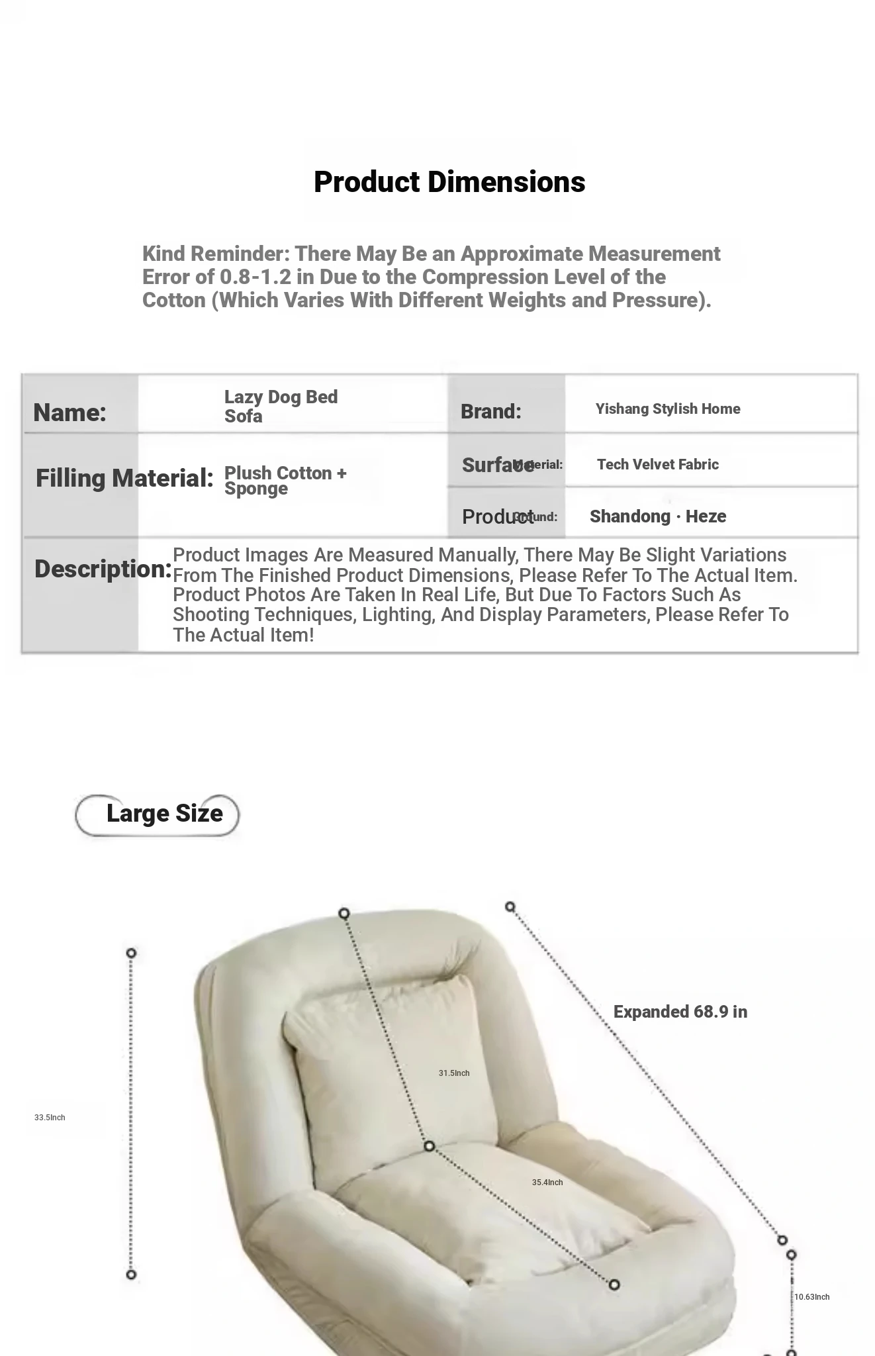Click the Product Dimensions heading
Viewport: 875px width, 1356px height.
[x=449, y=182]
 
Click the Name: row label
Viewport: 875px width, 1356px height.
[x=69, y=412]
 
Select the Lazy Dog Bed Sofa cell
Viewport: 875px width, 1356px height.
[x=281, y=406]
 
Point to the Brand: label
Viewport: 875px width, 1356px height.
[x=490, y=411]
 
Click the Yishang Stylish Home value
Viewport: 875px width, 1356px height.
[x=667, y=409]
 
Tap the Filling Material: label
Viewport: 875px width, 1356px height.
[x=124, y=477]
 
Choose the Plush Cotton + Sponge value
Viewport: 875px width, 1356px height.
[x=285, y=480]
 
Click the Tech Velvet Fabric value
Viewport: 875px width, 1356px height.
[x=657, y=464]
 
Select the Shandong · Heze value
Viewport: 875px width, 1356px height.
[x=657, y=516]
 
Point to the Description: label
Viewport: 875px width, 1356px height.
[x=103, y=569]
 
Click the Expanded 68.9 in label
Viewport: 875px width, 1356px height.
[x=680, y=1012]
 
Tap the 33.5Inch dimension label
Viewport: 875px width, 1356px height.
[x=50, y=1118]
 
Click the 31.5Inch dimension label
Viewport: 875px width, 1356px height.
[x=454, y=1073]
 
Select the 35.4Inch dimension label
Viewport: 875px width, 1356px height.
[x=547, y=1183]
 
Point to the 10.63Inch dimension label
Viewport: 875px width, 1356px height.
[x=811, y=1297]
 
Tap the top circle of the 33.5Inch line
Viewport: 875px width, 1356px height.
[x=131, y=953]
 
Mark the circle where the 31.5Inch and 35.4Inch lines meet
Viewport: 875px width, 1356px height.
[x=429, y=1146]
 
